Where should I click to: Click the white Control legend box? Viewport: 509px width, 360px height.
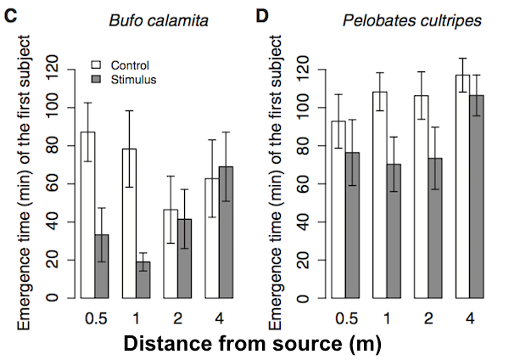(97, 65)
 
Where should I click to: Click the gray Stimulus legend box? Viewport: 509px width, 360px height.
(97, 79)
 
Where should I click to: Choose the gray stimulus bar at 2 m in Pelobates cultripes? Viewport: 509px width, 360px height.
(434, 228)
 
